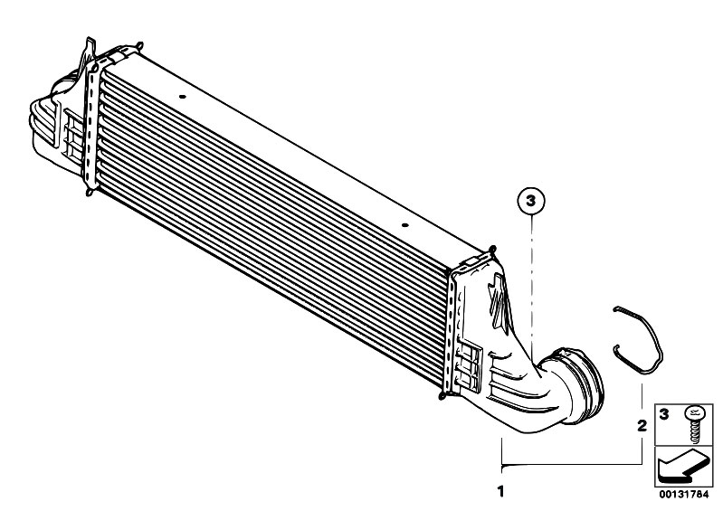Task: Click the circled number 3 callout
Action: (x=531, y=202)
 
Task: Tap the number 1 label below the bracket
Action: (x=501, y=492)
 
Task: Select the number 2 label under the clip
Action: (x=642, y=426)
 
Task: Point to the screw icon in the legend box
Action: (x=692, y=424)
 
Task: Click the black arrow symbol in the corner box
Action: (x=682, y=468)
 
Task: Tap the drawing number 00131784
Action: (x=684, y=495)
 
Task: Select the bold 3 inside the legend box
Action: (x=664, y=414)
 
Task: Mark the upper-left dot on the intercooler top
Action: (x=182, y=97)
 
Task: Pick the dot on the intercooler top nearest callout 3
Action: (x=404, y=225)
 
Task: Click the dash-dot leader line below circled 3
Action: (x=532, y=287)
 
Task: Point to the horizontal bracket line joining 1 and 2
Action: (x=572, y=465)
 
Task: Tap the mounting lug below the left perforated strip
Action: (x=89, y=190)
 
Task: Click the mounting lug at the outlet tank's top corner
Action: (x=491, y=251)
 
